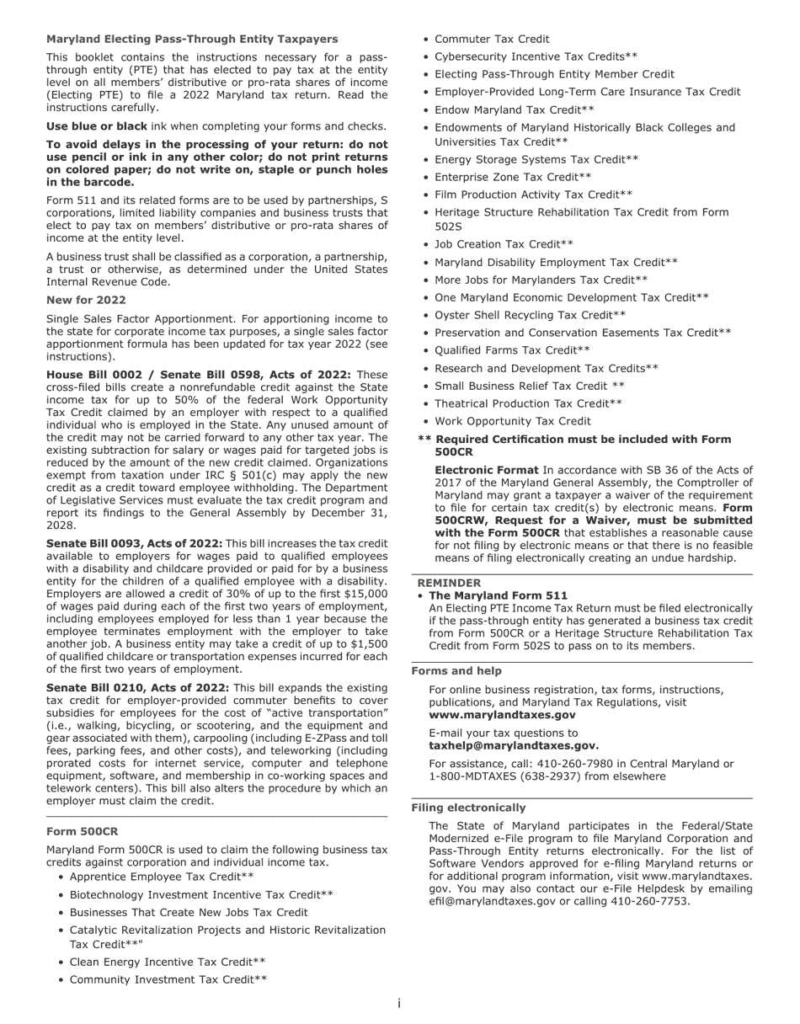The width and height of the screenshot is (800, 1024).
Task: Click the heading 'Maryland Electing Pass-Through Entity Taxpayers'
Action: click(192, 40)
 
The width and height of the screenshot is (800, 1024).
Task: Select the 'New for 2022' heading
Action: click(86, 301)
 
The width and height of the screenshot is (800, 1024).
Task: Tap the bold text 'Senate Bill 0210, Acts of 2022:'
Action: click(137, 688)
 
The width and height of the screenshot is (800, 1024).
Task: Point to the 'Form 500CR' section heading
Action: click(82, 831)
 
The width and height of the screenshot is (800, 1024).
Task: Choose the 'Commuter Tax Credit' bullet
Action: click(492, 39)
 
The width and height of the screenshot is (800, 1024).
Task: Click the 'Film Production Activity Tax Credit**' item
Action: click(533, 195)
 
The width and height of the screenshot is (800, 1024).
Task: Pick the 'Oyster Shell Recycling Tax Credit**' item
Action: click(530, 315)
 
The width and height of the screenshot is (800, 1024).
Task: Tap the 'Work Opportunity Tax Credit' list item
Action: click(512, 421)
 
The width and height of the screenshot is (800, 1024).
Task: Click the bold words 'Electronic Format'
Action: click(486, 470)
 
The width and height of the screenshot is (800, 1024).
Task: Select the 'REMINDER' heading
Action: click(449, 583)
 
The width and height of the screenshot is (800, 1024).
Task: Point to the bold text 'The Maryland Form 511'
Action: click(498, 595)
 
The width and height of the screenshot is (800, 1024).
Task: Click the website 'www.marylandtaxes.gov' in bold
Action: click(502, 714)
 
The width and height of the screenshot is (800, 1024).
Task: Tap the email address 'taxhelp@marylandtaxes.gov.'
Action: click(514, 745)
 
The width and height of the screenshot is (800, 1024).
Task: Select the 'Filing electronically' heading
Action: click(468, 808)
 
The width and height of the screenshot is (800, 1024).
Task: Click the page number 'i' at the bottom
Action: click(399, 1003)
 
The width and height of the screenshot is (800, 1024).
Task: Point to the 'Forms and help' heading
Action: click(456, 671)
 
